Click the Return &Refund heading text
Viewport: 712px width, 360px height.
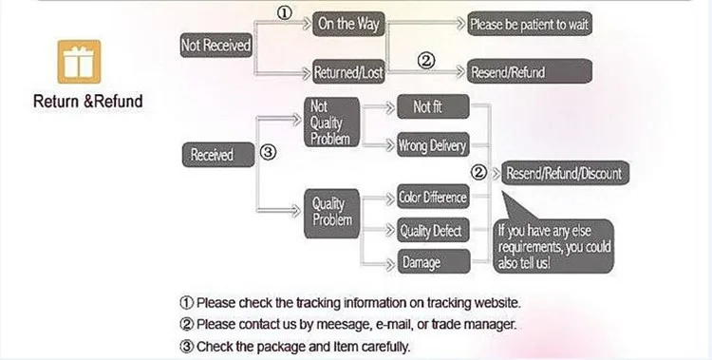[88, 101]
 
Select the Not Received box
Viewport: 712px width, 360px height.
[215, 45]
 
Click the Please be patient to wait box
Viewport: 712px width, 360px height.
[531, 25]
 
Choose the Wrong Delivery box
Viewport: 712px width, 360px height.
[433, 145]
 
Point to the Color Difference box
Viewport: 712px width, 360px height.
[433, 197]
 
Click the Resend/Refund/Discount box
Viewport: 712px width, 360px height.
[564, 173]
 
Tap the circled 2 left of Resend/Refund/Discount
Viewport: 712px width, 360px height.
[480, 173]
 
